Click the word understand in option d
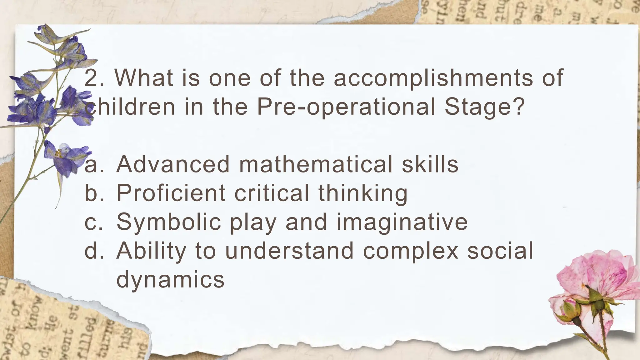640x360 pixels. pyautogui.click(x=289, y=251)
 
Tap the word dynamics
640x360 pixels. pyautogui.click(x=170, y=279)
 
